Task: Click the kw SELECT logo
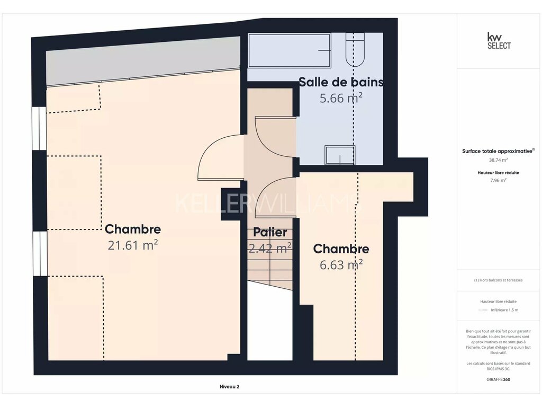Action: [499, 40]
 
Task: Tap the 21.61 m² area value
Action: [133, 245]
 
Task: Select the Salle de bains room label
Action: [341, 82]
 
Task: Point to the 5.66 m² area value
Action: [341, 98]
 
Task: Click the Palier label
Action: [270, 232]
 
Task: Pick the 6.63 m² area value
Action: [341, 265]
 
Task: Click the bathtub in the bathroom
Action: [290, 50]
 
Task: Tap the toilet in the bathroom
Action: [355, 49]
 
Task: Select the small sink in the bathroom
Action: [339, 155]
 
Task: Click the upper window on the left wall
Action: [39, 128]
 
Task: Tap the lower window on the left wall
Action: [40, 254]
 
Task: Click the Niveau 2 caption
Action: [230, 386]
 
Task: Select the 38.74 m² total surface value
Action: [498, 160]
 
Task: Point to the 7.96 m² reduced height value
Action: [498, 180]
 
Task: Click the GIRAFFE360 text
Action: [498, 379]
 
